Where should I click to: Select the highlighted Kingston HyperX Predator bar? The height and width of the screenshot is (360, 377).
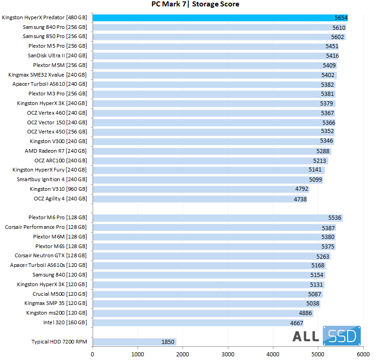[220, 17]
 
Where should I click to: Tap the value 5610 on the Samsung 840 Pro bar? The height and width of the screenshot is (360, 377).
[338, 27]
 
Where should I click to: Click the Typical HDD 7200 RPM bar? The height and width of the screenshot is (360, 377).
[134, 342]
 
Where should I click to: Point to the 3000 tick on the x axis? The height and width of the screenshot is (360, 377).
[228, 354]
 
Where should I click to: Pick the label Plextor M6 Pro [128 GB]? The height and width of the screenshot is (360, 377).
[57, 217]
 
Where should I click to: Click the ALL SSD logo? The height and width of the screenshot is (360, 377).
[327, 337]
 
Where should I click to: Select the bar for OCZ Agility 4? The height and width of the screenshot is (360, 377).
[200, 199]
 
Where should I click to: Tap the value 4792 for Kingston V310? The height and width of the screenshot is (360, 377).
[301, 189]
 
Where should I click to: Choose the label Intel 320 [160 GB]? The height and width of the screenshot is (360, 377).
[65, 322]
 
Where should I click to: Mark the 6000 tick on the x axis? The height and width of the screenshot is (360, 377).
[363, 354]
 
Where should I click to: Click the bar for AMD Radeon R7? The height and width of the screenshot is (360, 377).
[212, 151]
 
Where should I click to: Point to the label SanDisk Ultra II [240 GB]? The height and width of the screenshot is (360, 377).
[57, 55]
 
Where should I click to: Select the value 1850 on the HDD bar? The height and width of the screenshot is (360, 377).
[168, 342]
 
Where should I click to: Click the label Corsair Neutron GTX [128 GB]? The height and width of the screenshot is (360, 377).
[50, 255]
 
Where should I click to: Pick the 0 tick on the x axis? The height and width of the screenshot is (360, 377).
[93, 354]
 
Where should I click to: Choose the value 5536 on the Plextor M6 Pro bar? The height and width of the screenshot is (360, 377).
[335, 218]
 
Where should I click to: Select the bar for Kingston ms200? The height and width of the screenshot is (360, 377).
[203, 313]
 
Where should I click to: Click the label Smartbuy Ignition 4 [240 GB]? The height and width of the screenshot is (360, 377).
[52, 179]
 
